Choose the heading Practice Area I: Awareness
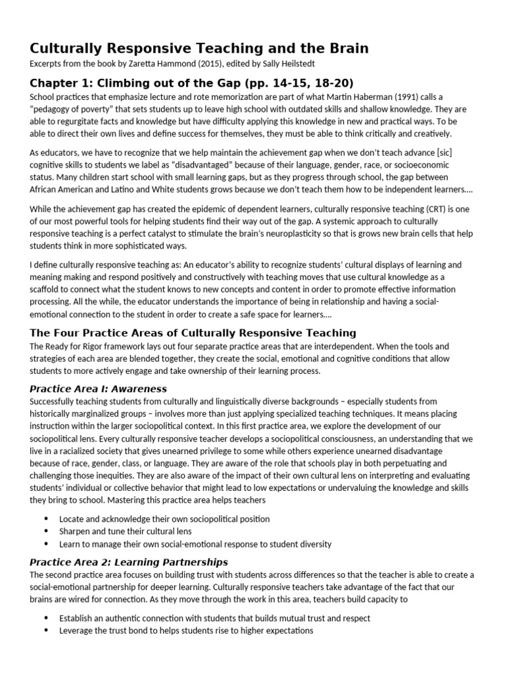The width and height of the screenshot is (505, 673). coord(99,388)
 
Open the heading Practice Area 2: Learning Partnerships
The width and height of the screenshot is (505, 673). coord(129,562)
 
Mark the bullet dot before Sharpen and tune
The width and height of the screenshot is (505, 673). coord(46,531)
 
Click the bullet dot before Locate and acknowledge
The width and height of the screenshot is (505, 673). coord(46,519)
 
